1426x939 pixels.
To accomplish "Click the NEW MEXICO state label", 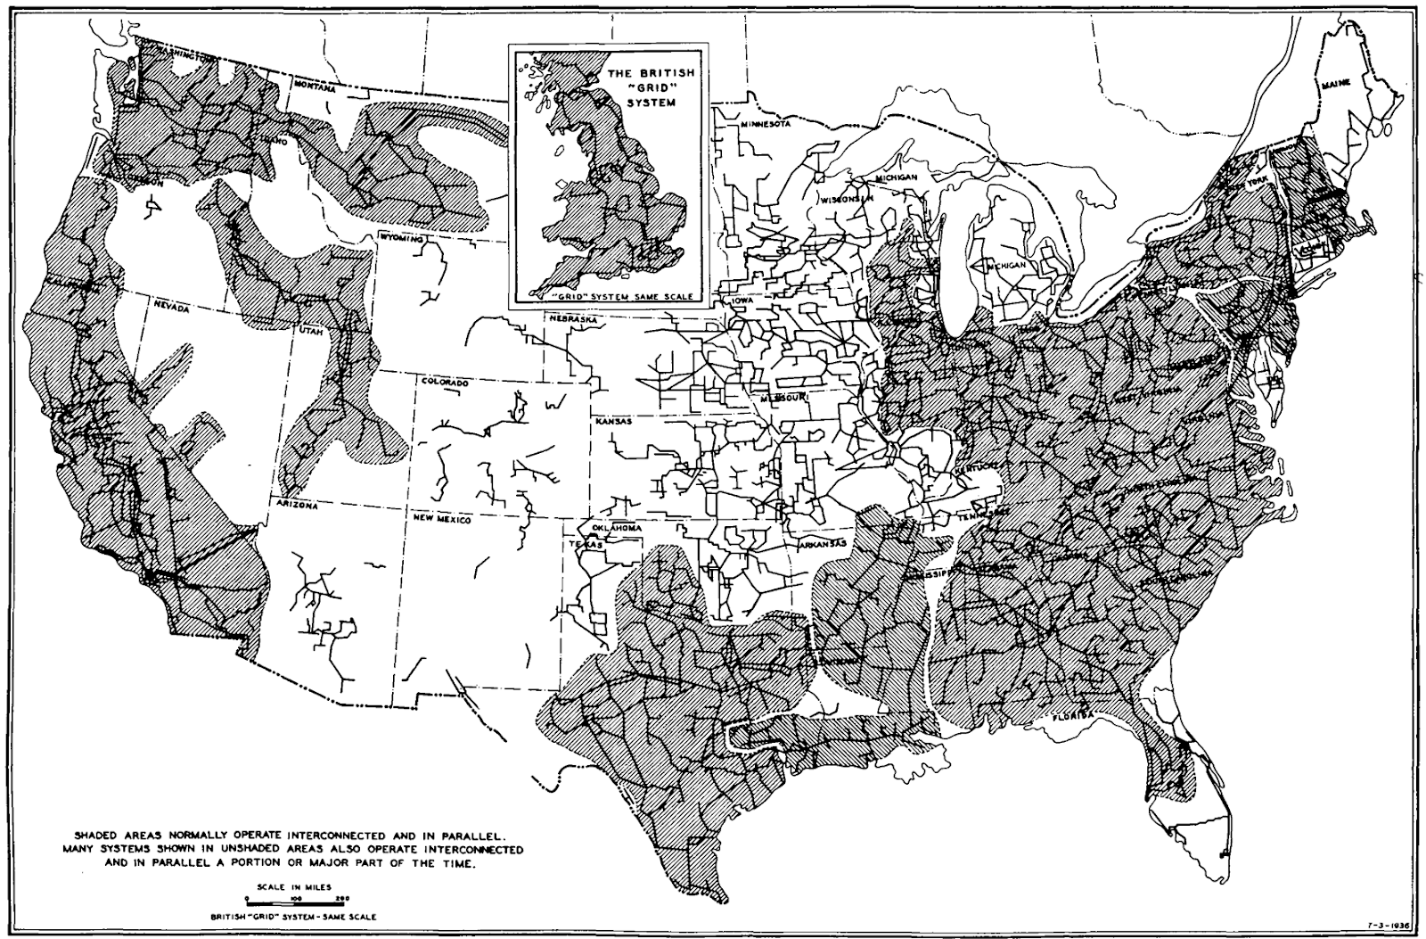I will pyautogui.click(x=440, y=518).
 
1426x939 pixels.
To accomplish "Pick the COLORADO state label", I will pyautogui.click(x=444, y=383).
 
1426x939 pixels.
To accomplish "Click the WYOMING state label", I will pyautogui.click(x=403, y=239).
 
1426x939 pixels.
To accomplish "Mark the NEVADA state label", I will pyautogui.click(x=169, y=308).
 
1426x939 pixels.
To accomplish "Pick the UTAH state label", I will pyautogui.click(x=309, y=331).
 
